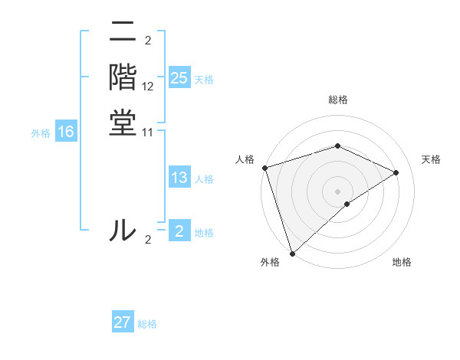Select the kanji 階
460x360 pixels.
click(x=123, y=79)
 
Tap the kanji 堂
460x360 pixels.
click(x=123, y=125)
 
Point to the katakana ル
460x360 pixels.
click(x=123, y=231)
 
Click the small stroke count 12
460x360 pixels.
click(x=148, y=87)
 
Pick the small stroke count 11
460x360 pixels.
click(x=148, y=133)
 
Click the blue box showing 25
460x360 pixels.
click(x=179, y=78)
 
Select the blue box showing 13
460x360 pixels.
click(x=179, y=178)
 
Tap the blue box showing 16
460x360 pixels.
click(x=66, y=133)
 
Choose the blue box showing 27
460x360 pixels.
click(x=123, y=322)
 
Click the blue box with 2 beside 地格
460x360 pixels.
click(x=179, y=231)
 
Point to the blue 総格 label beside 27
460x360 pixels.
click(x=147, y=324)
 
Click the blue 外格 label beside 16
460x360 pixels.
click(x=41, y=133)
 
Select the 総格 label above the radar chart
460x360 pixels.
click(x=338, y=100)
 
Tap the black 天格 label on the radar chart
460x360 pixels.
click(x=431, y=159)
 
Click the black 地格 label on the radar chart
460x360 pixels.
click(x=402, y=262)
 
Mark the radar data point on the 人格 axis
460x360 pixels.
click(x=264, y=168)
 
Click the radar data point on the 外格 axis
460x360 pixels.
click(x=293, y=253)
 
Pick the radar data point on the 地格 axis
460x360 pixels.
click(x=347, y=204)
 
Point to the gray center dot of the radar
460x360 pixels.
click(x=338, y=191)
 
